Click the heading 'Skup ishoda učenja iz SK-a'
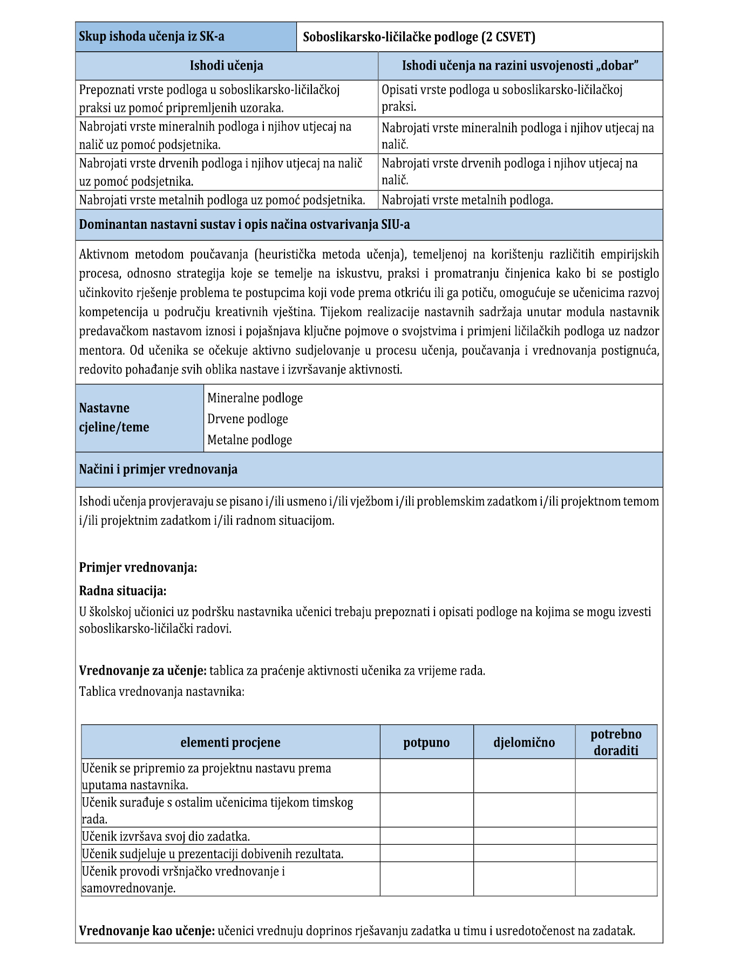click(x=152, y=37)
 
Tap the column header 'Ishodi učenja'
click(x=227, y=66)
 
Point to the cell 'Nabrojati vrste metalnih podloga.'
click(x=467, y=200)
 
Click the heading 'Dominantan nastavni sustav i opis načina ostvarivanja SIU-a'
click(x=244, y=225)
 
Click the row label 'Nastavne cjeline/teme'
click(x=114, y=417)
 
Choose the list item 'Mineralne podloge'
click(x=255, y=398)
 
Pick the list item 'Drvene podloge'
click(x=248, y=419)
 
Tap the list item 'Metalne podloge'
click(x=249, y=440)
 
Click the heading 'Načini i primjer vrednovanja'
click(x=158, y=469)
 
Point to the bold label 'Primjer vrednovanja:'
click(x=138, y=567)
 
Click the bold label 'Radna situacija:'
click(x=123, y=591)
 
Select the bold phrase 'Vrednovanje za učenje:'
click(x=142, y=670)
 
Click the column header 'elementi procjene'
click(x=230, y=742)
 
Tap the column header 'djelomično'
click(x=524, y=742)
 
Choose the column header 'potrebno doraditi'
click(x=616, y=742)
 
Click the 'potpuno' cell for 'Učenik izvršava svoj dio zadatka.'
click(x=426, y=836)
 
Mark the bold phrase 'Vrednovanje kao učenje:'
click(x=147, y=931)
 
